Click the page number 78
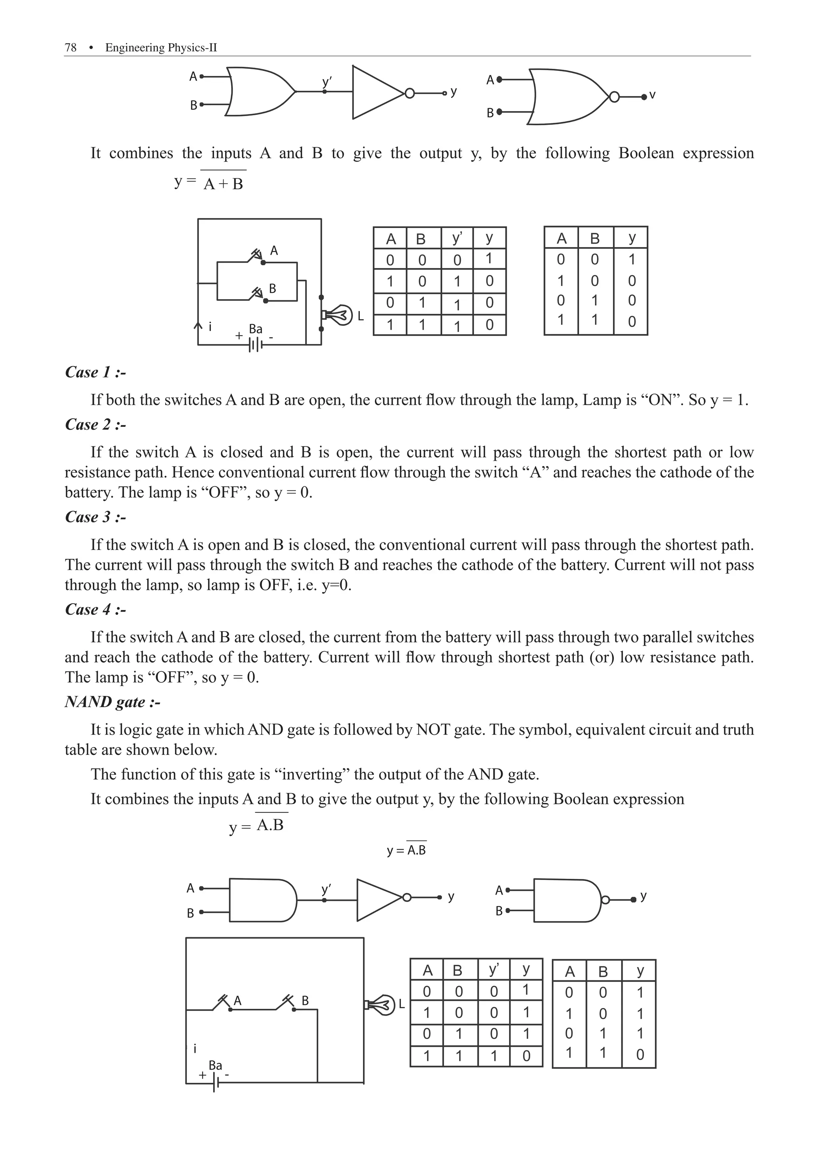coord(70,48)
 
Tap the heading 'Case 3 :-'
coord(95,517)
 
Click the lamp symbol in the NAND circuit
coord(380,1004)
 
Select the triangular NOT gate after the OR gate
coord(378,92)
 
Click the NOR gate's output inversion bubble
coord(614,97)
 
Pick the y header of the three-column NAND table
coord(639,971)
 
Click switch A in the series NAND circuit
coord(223,1003)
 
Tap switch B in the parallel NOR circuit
coord(258,294)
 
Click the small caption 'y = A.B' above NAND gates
coord(406,850)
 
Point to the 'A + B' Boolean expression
coord(223,184)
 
